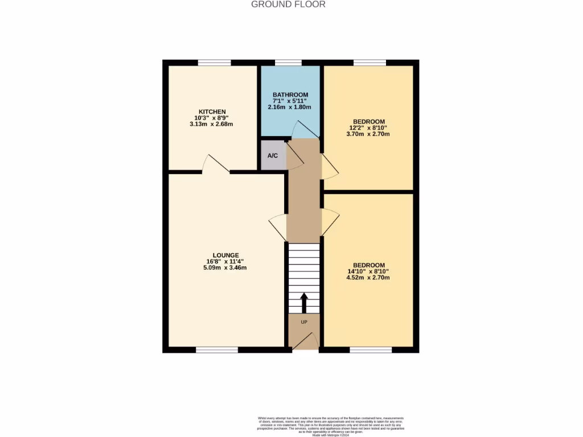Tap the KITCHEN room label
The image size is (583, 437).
click(212, 112)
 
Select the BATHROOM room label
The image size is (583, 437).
click(290, 95)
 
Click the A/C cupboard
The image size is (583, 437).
click(273, 155)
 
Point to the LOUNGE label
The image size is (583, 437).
click(226, 255)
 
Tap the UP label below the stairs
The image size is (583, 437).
click(303, 321)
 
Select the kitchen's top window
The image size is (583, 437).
click(214, 63)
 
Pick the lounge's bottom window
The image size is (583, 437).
click(217, 349)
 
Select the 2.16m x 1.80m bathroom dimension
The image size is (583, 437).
click(290, 107)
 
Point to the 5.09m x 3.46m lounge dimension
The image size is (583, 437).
click(226, 267)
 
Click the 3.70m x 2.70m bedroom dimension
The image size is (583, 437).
click(369, 134)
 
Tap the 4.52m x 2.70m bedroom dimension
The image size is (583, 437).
click(369, 278)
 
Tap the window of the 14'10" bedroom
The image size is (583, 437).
click(363, 349)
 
